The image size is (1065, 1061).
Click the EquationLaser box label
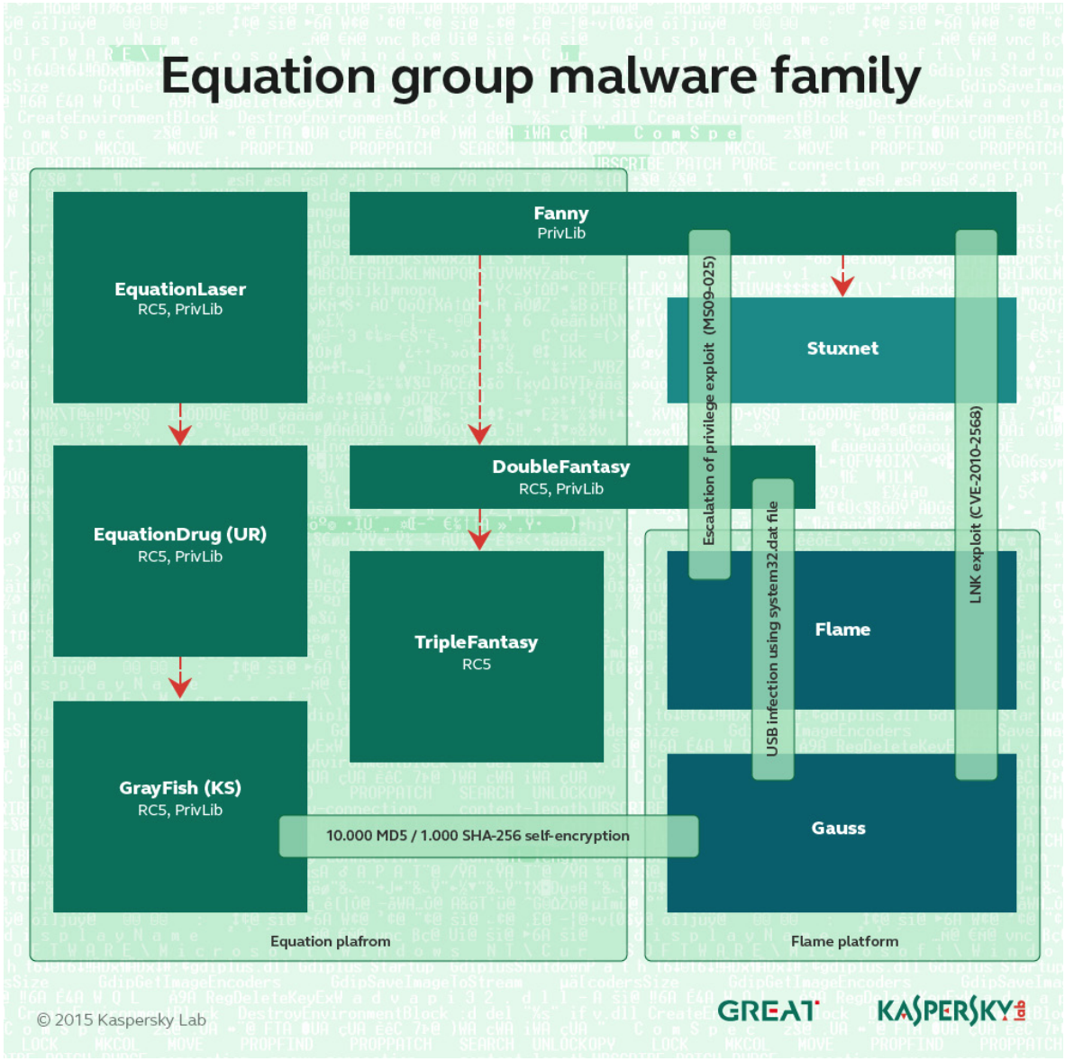coord(180,289)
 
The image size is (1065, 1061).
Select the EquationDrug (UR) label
coord(180,534)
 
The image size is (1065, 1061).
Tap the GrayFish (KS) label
coord(180,788)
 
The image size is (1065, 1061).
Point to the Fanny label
coord(560,213)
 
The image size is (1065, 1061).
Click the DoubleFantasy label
coord(560,467)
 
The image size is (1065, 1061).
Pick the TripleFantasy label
coord(476,642)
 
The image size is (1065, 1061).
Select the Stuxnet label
coord(842,349)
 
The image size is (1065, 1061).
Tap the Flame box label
coord(842,630)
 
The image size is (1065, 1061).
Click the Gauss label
coord(838,829)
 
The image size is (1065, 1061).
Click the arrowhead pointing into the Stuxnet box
coord(842,286)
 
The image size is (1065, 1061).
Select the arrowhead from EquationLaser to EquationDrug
coord(180,434)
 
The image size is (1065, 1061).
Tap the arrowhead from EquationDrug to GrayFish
coord(180,687)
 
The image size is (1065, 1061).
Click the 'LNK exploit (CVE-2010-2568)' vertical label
coord(976,504)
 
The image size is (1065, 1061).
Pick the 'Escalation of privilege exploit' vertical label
coord(709,401)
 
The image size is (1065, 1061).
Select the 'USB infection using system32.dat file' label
coord(772,629)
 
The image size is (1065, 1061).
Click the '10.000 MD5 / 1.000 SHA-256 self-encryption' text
coord(478,836)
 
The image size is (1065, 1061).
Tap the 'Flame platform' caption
coord(844,941)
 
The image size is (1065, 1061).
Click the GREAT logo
coord(769,1011)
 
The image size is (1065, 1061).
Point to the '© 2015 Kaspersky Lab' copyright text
coord(121,1020)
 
